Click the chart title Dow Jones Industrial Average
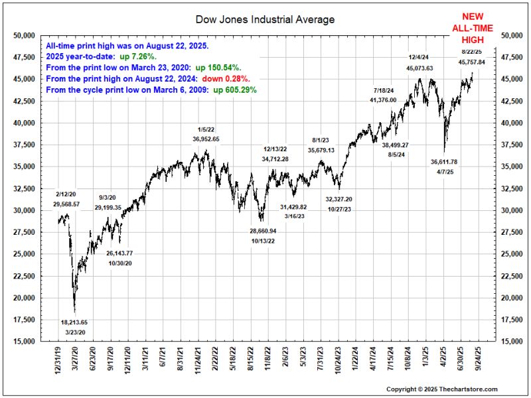tap(265, 19)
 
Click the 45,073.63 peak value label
tap(420, 68)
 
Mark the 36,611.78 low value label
tap(444, 162)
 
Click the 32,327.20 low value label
tap(339, 199)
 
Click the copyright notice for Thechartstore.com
tap(441, 389)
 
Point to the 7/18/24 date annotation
tap(383, 90)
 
